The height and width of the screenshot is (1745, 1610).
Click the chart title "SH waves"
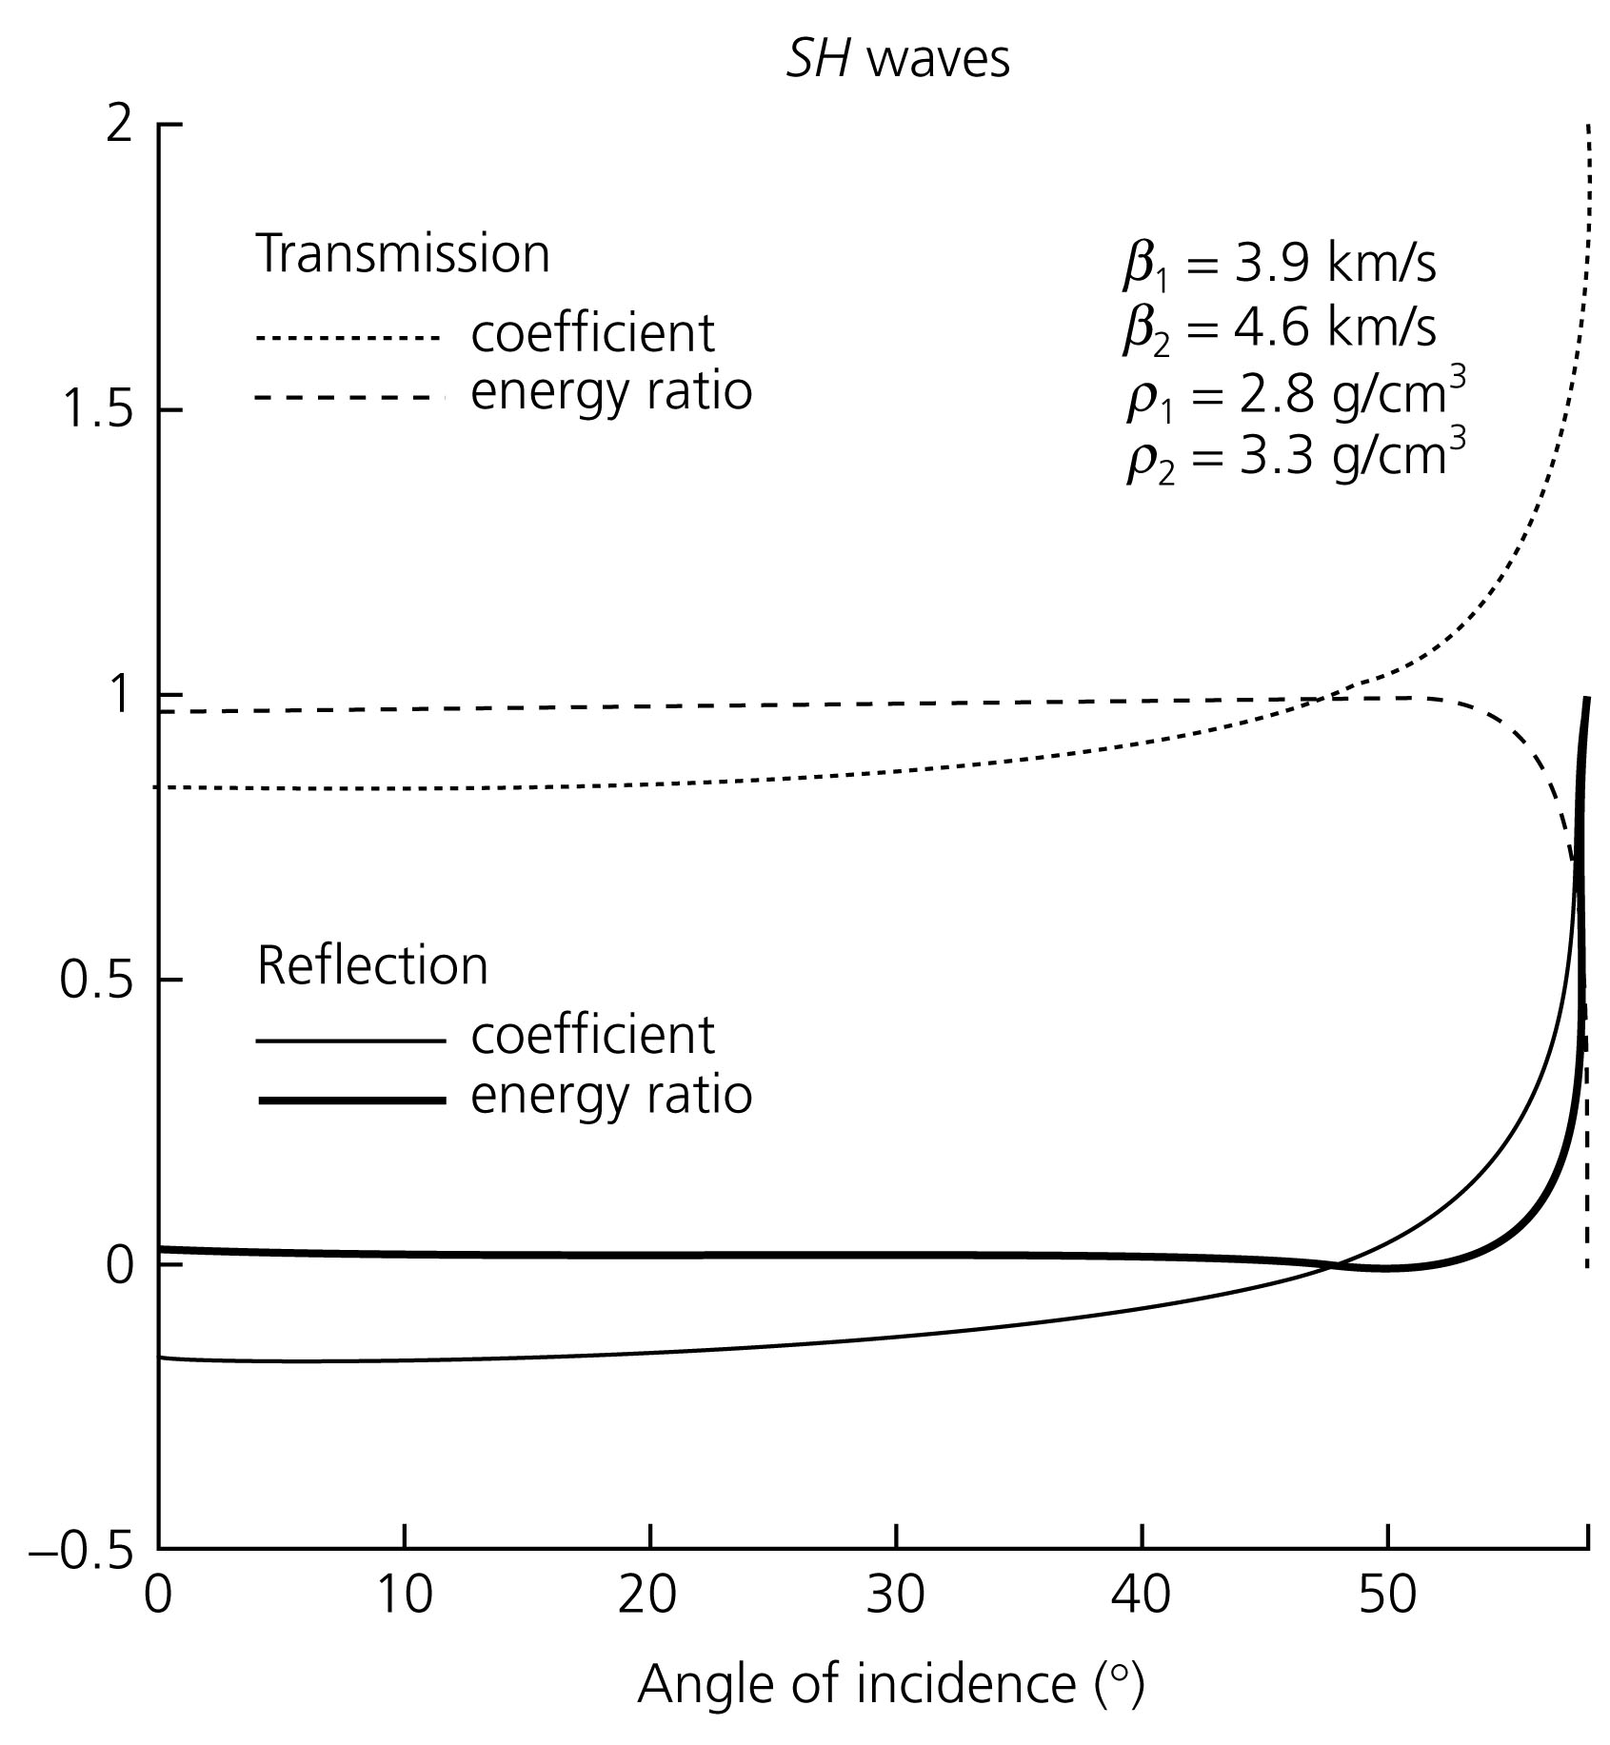[897, 59]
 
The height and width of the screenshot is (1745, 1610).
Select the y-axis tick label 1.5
[95, 410]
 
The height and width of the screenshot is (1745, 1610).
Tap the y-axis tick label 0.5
[95, 981]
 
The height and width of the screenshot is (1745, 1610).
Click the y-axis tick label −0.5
[81, 1550]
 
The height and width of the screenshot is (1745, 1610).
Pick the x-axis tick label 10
[404, 1596]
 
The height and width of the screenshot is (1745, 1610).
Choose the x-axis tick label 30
[896, 1596]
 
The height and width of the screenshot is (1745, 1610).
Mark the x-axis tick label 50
[1387, 1596]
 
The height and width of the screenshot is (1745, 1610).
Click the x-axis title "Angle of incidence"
[889, 1686]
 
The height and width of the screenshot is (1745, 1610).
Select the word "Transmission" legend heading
[403, 254]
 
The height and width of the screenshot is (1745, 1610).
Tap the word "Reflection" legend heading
[372, 965]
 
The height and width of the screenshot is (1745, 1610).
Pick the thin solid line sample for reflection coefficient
[350, 1042]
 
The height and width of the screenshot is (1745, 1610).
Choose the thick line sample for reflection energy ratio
[350, 1101]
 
